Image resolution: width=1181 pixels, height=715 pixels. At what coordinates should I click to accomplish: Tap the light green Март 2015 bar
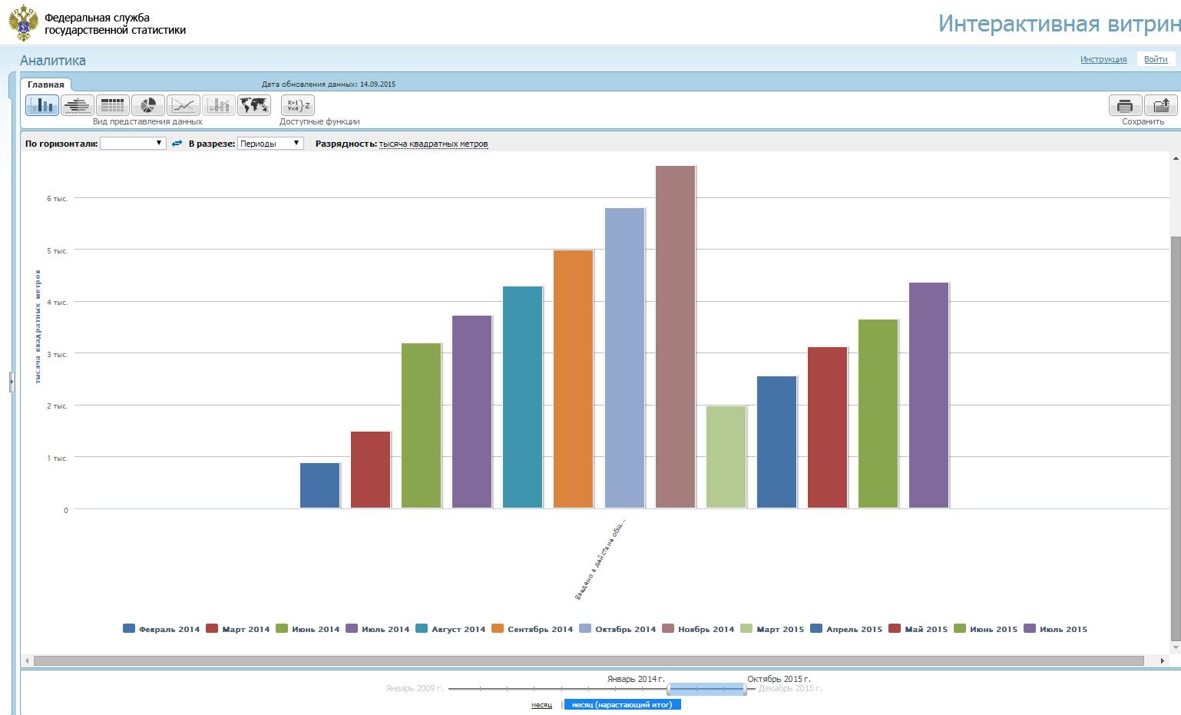(726, 457)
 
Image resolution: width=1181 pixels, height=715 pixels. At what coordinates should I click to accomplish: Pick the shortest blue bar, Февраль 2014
(319, 485)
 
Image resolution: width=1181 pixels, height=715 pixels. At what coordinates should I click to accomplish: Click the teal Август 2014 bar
(522, 397)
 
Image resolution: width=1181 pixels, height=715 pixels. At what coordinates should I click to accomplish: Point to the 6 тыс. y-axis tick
(58, 199)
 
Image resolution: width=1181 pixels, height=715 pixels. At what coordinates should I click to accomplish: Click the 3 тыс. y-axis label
(58, 355)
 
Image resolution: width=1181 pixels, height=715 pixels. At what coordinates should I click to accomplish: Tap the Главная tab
(46, 84)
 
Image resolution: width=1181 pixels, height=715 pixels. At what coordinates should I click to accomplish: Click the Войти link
(1155, 59)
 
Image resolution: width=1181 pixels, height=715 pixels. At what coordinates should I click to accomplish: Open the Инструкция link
(1103, 59)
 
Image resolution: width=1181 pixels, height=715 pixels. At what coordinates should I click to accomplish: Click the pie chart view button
(147, 105)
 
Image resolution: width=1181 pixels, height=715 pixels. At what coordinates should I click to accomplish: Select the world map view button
(253, 105)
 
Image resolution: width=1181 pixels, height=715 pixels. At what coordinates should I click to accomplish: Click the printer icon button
(1125, 105)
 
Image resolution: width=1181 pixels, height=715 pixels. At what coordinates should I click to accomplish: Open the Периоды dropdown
(270, 144)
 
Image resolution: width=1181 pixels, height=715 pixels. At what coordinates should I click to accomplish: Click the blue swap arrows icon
(177, 144)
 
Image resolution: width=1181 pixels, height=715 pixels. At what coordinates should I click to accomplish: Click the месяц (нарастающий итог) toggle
(622, 704)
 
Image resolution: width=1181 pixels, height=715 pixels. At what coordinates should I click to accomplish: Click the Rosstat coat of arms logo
(24, 23)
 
